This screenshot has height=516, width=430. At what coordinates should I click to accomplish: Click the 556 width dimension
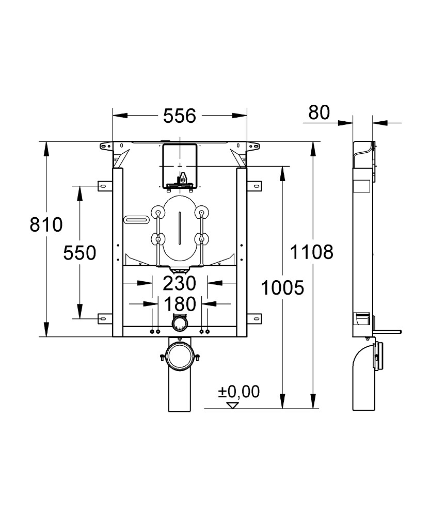[180, 116]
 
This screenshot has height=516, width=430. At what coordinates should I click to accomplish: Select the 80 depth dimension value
[318, 112]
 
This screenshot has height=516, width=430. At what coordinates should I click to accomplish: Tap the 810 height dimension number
[46, 225]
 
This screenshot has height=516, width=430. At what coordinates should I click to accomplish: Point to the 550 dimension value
[79, 253]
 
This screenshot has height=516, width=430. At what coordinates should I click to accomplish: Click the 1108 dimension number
[311, 252]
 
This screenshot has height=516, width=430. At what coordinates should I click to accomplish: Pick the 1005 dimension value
[282, 287]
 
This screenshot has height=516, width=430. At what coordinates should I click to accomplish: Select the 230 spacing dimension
[180, 283]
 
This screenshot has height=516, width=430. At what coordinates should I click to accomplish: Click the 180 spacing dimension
[180, 303]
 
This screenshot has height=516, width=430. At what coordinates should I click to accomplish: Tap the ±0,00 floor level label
[238, 392]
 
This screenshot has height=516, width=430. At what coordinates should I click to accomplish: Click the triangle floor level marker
[233, 405]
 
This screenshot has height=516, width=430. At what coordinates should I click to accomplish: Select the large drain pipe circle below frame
[179, 356]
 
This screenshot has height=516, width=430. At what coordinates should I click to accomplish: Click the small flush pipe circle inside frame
[179, 323]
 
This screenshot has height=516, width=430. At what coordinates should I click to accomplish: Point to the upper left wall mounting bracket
[103, 185]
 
